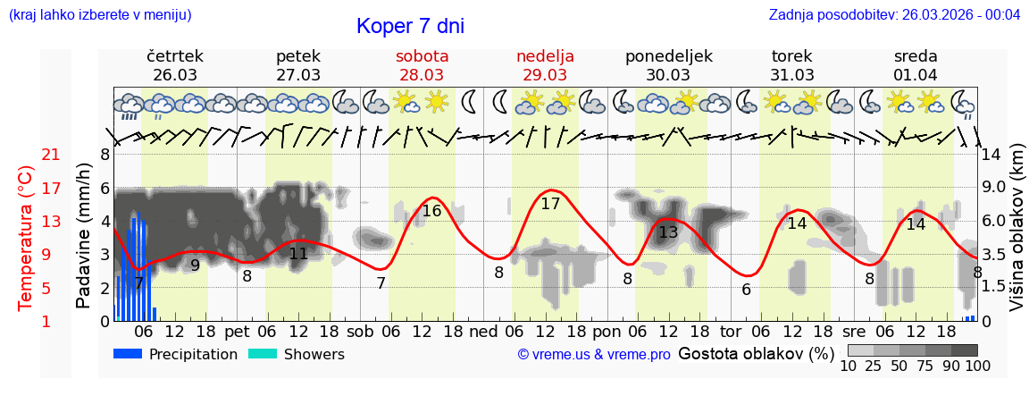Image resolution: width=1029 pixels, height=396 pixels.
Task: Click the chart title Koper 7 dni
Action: pyautogui.click(x=410, y=26)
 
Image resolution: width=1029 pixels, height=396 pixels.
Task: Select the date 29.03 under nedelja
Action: pyautogui.click(x=545, y=75)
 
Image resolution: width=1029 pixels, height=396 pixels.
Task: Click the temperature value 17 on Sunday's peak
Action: pyautogui.click(x=550, y=204)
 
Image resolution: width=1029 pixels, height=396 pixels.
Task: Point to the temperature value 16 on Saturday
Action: pyautogui.click(x=431, y=212)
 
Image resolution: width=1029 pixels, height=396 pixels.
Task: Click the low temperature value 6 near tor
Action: pyautogui.click(x=746, y=290)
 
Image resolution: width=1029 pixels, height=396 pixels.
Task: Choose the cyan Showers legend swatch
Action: pyautogui.click(x=263, y=354)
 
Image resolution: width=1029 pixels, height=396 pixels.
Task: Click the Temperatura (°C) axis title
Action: pyautogui.click(x=25, y=238)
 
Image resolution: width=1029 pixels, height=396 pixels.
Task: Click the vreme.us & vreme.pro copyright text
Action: pyautogui.click(x=594, y=355)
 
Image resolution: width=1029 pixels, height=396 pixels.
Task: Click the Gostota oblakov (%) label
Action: pyautogui.click(x=756, y=354)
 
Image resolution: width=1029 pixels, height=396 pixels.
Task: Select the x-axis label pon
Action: pyautogui.click(x=606, y=332)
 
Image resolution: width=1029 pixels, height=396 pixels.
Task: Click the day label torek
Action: pyautogui.click(x=791, y=56)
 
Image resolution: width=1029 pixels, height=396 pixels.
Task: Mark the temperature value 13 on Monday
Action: pyautogui.click(x=668, y=233)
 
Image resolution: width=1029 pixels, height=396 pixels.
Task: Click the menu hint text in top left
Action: pyautogui.click(x=100, y=15)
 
